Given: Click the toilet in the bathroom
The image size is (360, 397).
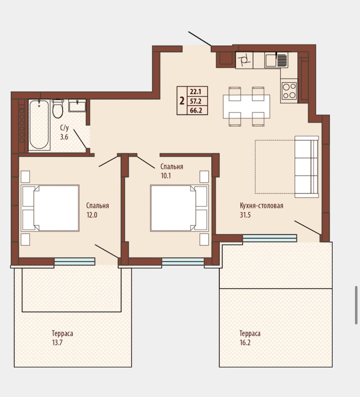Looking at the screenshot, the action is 57,109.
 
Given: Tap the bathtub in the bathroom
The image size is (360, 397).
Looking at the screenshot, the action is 39,125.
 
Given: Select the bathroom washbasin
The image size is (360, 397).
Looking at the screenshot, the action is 77,105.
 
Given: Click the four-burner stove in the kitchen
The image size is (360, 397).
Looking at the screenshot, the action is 289,91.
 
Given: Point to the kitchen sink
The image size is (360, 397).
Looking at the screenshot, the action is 276,60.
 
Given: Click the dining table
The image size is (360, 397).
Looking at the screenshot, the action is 246,107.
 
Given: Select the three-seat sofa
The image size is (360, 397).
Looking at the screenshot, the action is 306,167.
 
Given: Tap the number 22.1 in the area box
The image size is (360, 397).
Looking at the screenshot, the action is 195,92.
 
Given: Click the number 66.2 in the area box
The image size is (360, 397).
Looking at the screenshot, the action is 196,110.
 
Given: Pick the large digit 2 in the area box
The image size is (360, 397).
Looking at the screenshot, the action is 182,101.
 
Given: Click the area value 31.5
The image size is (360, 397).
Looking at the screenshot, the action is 245,215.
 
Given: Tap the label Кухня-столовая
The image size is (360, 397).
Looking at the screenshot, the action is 261,206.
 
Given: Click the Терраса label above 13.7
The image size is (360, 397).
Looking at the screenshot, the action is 63,333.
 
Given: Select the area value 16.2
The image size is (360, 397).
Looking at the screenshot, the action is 245,342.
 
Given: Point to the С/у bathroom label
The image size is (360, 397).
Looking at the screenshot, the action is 64,128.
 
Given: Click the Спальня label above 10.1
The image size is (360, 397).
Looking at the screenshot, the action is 172,167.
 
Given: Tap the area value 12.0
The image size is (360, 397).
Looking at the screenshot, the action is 92,215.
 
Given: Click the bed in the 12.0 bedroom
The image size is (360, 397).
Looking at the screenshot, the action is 50,208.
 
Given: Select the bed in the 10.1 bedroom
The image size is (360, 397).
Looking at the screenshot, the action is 179,208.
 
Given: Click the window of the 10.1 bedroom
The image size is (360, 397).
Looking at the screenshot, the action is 183,261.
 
